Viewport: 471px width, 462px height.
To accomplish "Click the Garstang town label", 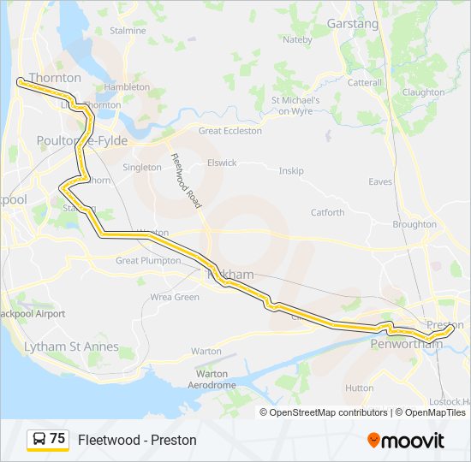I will tap(352, 24).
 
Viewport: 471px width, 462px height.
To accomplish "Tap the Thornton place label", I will tap(55, 78).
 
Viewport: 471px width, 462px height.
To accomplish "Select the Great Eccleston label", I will tap(230, 131).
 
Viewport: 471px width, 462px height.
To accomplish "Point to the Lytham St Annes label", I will tap(71, 347).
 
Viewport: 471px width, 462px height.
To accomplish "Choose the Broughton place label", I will tap(414, 224).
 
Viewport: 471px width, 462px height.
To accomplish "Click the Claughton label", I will tap(423, 92).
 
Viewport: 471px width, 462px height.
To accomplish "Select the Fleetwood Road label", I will tap(186, 181).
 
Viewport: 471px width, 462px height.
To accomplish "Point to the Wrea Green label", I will tap(175, 298).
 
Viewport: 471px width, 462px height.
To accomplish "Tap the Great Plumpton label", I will tap(148, 261).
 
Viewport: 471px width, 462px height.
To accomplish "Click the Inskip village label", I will tap(291, 171).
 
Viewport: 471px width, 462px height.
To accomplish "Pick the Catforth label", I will tap(327, 213).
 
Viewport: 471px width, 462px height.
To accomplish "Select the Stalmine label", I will tap(128, 31).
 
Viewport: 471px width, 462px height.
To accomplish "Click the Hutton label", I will tap(359, 388).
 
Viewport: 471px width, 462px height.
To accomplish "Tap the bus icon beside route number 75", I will tap(39, 439).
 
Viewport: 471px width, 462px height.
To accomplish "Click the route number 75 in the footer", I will tap(57, 439).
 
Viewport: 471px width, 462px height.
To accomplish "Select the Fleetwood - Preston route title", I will tap(137, 440).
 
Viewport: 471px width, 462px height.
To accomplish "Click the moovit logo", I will tap(406, 440).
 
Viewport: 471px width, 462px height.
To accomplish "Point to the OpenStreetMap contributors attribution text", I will tap(327, 412).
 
